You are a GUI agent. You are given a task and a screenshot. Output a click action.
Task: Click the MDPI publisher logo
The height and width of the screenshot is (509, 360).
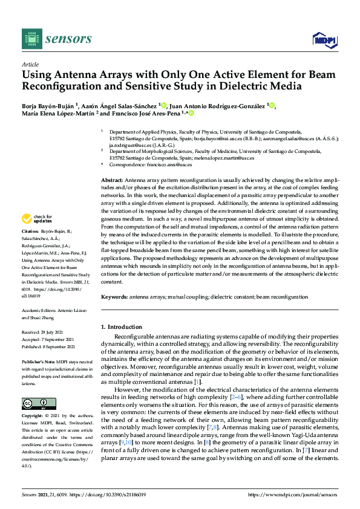(324, 40)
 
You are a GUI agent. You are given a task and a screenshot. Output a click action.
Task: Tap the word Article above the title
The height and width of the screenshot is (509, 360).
(30, 65)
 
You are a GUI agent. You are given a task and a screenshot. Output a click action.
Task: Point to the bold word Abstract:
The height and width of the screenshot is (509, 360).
(111, 181)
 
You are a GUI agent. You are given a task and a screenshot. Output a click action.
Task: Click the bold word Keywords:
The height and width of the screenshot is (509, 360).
(114, 297)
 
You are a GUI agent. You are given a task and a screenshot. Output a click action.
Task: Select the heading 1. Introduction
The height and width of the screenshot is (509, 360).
(121, 327)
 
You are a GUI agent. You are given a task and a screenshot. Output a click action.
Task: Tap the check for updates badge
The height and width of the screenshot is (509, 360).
(38, 219)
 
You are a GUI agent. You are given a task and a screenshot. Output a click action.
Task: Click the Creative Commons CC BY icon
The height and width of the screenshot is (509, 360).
(34, 404)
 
